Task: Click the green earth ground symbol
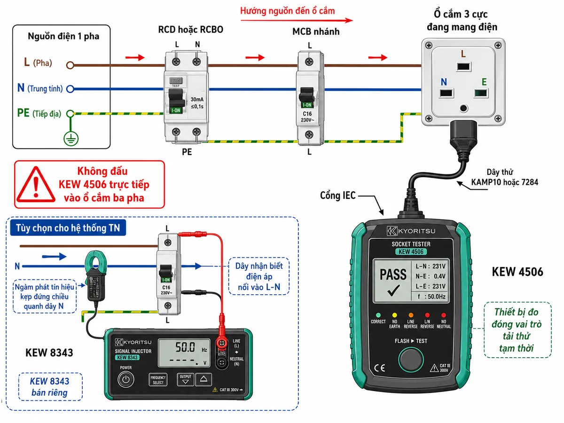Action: tap(71, 139)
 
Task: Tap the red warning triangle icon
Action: tap(36, 185)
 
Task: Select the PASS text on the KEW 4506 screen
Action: tap(393, 274)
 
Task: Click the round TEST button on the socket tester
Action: tap(411, 360)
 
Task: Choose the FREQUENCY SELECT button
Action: tap(158, 380)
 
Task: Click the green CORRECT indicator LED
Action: tap(378, 315)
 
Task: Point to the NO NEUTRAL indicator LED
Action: tap(444, 315)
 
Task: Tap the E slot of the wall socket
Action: tap(481, 93)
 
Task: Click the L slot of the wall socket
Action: tap(463, 67)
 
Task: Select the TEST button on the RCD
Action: tap(176, 80)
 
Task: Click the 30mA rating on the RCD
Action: tap(197, 99)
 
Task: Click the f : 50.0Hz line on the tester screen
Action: tap(431, 297)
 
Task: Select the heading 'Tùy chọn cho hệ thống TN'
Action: tap(68, 228)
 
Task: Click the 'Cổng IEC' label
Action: tap(337, 196)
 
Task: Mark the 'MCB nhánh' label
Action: tap(316, 31)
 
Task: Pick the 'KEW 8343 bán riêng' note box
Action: tap(50, 387)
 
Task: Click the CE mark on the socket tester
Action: tap(379, 368)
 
